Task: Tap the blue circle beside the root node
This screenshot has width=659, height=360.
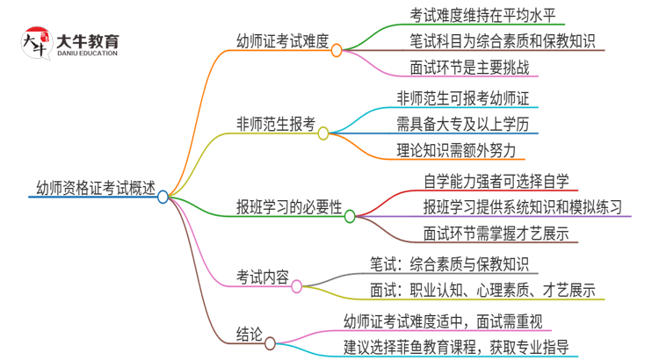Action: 163,198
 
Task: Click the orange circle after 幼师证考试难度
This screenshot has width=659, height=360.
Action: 337,51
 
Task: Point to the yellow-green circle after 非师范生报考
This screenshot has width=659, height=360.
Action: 322,133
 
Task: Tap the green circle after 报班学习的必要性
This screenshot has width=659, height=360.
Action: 349,216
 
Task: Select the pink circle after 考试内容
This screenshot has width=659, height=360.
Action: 296,286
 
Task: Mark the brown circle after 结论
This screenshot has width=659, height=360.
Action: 270,343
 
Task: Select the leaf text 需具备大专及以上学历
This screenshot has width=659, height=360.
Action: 467,123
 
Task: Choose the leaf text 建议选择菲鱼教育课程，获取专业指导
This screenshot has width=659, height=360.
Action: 454,346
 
